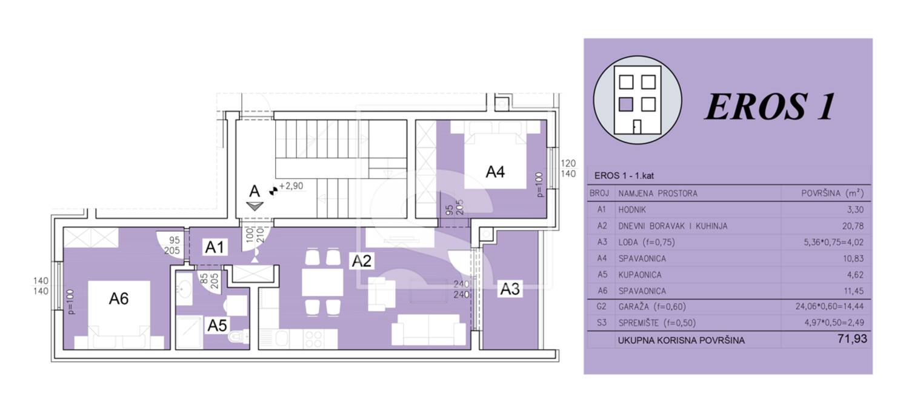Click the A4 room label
495,172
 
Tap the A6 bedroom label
119,299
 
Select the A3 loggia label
510,289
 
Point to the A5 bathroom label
217,325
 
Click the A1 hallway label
215,247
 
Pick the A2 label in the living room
361,261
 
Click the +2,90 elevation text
291,186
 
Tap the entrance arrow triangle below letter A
255,206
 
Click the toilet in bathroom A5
239,337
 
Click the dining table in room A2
322,282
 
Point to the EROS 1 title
770,106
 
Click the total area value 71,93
852,339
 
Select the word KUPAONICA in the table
640,275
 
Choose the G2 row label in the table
601,307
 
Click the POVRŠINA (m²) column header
832,193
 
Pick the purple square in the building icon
626,104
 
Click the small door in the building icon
637,127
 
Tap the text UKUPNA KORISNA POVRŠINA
681,341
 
